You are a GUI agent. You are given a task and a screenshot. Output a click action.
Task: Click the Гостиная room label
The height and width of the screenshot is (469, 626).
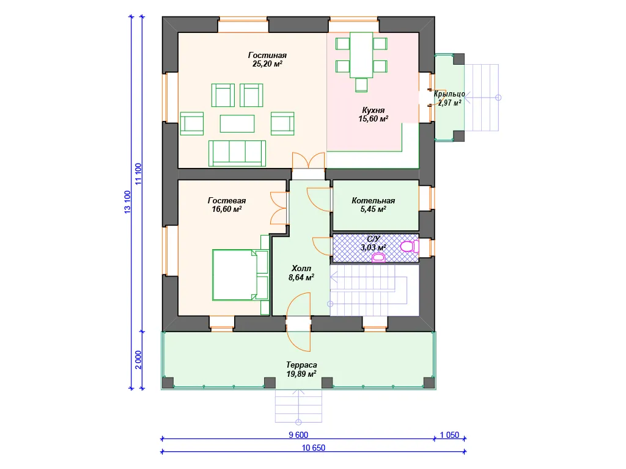point(267,59)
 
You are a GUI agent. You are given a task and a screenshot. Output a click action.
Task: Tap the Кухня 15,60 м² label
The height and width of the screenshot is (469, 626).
point(374,114)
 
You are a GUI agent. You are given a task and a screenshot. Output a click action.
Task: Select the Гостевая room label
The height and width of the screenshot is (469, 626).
point(227,205)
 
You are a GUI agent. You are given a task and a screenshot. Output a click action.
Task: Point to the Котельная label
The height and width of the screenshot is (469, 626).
point(374,205)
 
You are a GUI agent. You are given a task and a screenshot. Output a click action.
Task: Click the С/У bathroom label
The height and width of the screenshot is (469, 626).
point(374,243)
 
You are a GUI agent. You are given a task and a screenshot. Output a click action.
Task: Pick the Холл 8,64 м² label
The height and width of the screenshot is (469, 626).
point(301,273)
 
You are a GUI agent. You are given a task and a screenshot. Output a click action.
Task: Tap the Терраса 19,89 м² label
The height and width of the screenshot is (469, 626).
point(301,369)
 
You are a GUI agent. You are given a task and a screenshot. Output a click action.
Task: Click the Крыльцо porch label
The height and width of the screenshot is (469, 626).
point(449,98)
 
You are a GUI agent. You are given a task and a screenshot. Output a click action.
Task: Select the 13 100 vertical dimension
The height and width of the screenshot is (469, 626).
point(127,202)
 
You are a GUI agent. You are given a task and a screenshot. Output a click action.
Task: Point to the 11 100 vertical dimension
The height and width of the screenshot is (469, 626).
point(138,174)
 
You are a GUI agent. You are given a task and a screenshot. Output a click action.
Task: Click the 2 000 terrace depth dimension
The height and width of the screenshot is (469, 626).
point(138,360)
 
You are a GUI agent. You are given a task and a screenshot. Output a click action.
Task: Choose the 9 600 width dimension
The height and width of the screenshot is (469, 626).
point(298,435)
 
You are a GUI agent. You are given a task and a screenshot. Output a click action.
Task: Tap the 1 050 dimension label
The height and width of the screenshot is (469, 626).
point(449,435)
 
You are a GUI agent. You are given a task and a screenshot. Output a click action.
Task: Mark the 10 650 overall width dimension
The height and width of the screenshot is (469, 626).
point(314,448)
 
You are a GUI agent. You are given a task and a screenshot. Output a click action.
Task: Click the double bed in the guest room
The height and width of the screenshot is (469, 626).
point(240,275)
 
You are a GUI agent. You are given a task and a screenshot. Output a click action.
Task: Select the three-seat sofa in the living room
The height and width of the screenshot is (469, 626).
point(237,153)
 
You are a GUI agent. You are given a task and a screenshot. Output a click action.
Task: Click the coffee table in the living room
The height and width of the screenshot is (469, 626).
point(237,123)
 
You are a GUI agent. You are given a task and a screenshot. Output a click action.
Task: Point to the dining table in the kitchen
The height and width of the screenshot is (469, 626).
point(361,55)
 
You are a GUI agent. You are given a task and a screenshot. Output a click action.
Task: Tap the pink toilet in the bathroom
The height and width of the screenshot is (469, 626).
point(409,247)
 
